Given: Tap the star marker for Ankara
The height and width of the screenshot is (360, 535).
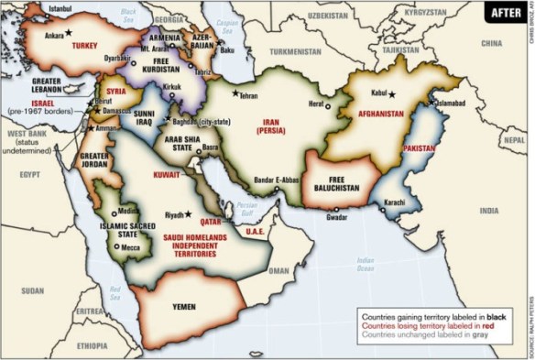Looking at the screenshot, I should coord(68,33).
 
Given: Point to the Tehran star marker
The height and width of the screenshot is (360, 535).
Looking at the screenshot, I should coord(235,93).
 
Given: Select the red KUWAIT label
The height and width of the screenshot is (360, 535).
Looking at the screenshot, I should coord(167,173).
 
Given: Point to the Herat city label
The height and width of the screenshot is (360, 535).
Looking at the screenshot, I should coord(317,104).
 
